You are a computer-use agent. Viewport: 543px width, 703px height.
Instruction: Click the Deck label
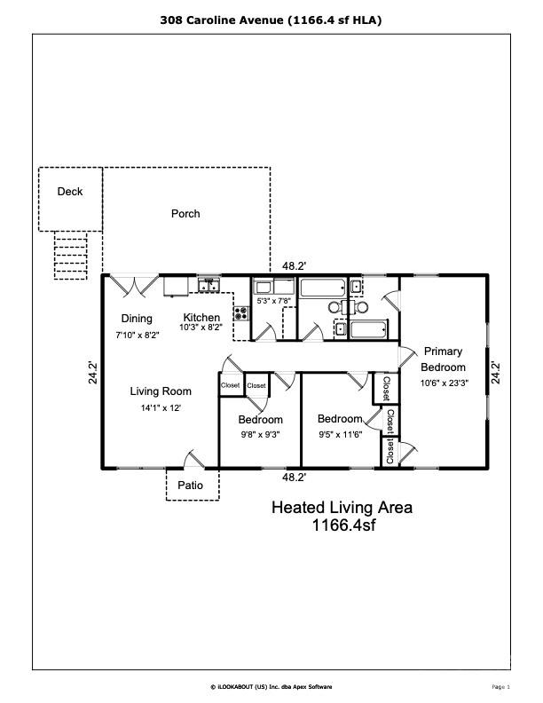click(x=70, y=192)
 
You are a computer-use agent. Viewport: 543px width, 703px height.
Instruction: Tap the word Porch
click(x=185, y=214)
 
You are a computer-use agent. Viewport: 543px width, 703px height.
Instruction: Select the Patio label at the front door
click(x=191, y=486)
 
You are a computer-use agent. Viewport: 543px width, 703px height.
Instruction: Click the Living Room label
click(x=161, y=391)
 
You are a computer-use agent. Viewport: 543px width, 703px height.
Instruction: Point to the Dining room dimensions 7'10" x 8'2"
click(x=138, y=336)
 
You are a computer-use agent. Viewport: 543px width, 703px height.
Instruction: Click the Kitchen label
click(x=201, y=318)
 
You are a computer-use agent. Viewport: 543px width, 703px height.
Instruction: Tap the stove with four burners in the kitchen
click(x=240, y=312)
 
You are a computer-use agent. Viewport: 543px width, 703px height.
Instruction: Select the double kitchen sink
click(x=209, y=285)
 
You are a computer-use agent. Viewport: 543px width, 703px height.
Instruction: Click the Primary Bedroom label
click(x=443, y=359)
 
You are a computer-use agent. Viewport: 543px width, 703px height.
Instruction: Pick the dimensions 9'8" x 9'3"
click(x=260, y=435)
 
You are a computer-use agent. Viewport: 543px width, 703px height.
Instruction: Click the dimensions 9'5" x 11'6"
click(x=340, y=435)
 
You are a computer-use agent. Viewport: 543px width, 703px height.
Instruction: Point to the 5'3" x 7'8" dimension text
click(x=272, y=301)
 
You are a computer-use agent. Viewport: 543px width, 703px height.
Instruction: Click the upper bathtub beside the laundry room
click(x=325, y=288)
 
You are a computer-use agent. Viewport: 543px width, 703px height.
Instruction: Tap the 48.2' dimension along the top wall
click(x=294, y=265)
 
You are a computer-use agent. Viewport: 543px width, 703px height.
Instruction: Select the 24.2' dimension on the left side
click(x=90, y=371)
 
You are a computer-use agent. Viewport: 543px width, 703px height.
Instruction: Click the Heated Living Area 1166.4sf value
click(x=342, y=525)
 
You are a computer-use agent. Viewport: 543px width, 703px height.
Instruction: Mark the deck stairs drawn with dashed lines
click(x=70, y=256)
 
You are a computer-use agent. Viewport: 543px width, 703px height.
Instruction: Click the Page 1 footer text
click(x=500, y=687)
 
